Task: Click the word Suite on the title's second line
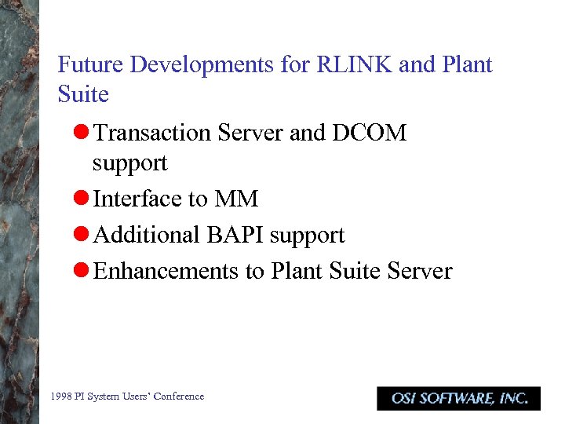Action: pos(83,94)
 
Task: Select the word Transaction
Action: pos(151,133)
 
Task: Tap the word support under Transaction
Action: pos(129,163)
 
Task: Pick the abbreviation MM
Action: pos(236,199)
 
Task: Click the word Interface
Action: pos(138,199)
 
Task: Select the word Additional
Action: pos(147,235)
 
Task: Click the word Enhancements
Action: pos(166,271)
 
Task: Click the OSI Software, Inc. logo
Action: pos(458,398)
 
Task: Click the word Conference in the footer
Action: pos(178,397)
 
